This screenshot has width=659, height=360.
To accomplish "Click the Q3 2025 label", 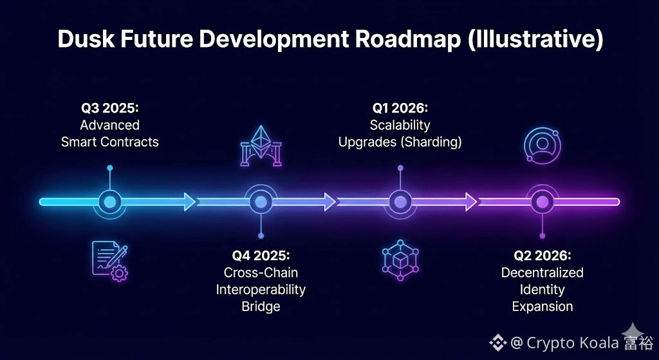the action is coord(109,108).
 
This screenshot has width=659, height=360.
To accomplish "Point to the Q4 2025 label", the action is coord(261,255).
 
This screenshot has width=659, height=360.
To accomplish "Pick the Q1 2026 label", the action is coord(400,108).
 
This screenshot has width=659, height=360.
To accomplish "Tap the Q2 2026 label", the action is coord(542,255).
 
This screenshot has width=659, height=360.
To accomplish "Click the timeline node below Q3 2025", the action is coord(109,202).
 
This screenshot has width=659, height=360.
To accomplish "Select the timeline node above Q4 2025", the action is coord(261,202).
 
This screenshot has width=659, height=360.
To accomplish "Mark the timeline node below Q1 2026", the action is coord(400,202).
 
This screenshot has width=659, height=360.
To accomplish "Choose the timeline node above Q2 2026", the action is coord(542,202).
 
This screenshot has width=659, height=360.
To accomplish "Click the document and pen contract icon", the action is coord(109,261).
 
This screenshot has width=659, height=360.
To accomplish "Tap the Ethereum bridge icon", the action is coord(261,146).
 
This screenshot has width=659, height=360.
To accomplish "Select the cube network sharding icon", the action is coord(400,260).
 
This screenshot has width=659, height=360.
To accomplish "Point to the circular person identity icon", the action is coord(542,145).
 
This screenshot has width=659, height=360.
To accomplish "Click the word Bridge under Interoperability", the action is coord(261,307).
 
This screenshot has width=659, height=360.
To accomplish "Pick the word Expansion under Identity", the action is coord(542,307).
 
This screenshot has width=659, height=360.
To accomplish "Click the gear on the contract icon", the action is coord(119,274).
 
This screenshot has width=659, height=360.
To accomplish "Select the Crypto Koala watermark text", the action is coord(572,343).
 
